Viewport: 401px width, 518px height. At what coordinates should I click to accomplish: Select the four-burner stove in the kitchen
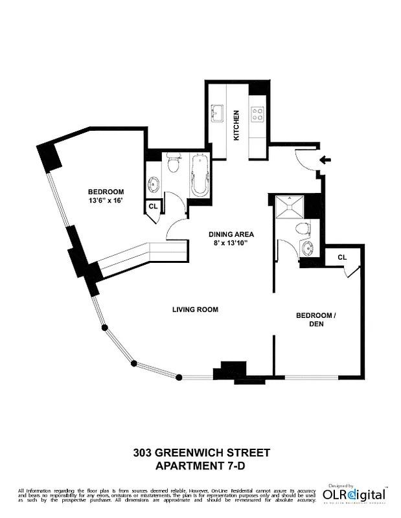coord(257,114)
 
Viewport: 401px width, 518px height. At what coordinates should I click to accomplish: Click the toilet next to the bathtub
coord(172,163)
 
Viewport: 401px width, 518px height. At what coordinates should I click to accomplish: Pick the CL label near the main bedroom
coord(153,206)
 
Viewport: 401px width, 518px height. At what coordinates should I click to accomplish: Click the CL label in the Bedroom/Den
coord(342,257)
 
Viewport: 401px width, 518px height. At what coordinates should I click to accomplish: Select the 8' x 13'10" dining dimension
coord(231,243)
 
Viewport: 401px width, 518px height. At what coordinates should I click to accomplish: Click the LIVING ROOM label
coord(195,310)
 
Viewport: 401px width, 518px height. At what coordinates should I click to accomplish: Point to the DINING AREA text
coord(231,234)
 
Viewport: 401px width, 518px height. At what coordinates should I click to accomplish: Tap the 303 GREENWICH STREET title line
coord(200,452)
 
